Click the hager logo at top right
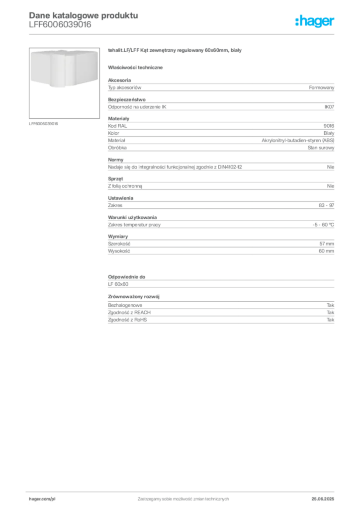tap(315, 21)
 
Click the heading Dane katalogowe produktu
tap(84, 15)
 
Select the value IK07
tap(329, 107)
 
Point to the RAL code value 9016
tap(329, 126)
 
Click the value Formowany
tap(321, 87)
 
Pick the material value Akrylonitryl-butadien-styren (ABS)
tap(298, 140)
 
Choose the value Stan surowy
tap(321, 148)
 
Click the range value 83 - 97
tap(326, 205)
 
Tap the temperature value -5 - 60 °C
tap(323, 225)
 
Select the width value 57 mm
tap(327, 244)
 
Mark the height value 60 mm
tap(326, 251)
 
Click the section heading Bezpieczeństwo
tap(127, 99)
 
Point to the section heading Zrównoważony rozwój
tap(134, 297)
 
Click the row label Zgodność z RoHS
tap(127, 320)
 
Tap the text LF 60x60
tap(118, 284)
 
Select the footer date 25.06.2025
tap(323, 499)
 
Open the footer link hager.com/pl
tap(42, 499)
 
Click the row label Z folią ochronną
tap(125, 186)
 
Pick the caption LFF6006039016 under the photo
tap(43, 124)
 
